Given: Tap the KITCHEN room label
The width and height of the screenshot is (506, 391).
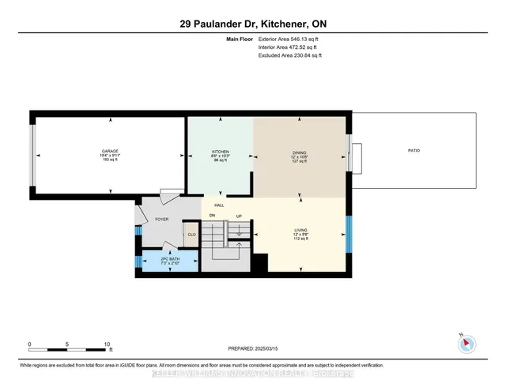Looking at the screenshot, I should click(x=220, y=151).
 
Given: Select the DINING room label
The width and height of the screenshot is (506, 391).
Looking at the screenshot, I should click(x=299, y=152).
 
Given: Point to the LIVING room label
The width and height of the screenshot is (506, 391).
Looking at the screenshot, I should click(x=299, y=231).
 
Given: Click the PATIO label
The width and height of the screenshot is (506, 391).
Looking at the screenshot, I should click(x=413, y=150).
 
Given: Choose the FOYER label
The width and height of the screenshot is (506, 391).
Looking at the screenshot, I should click(x=161, y=219).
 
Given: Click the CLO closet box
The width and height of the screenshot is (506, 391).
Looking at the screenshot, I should click(x=191, y=235).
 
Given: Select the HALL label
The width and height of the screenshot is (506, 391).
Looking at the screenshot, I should click(x=219, y=205).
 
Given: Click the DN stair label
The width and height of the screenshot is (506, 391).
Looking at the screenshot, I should click(x=212, y=216).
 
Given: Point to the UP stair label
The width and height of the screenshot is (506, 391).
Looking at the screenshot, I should click(x=238, y=216).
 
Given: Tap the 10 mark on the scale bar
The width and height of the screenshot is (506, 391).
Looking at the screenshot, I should click(x=108, y=344).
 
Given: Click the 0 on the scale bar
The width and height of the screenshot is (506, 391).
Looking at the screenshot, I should click(x=29, y=344).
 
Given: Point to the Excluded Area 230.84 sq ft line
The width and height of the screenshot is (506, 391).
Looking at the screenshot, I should click(x=290, y=55).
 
